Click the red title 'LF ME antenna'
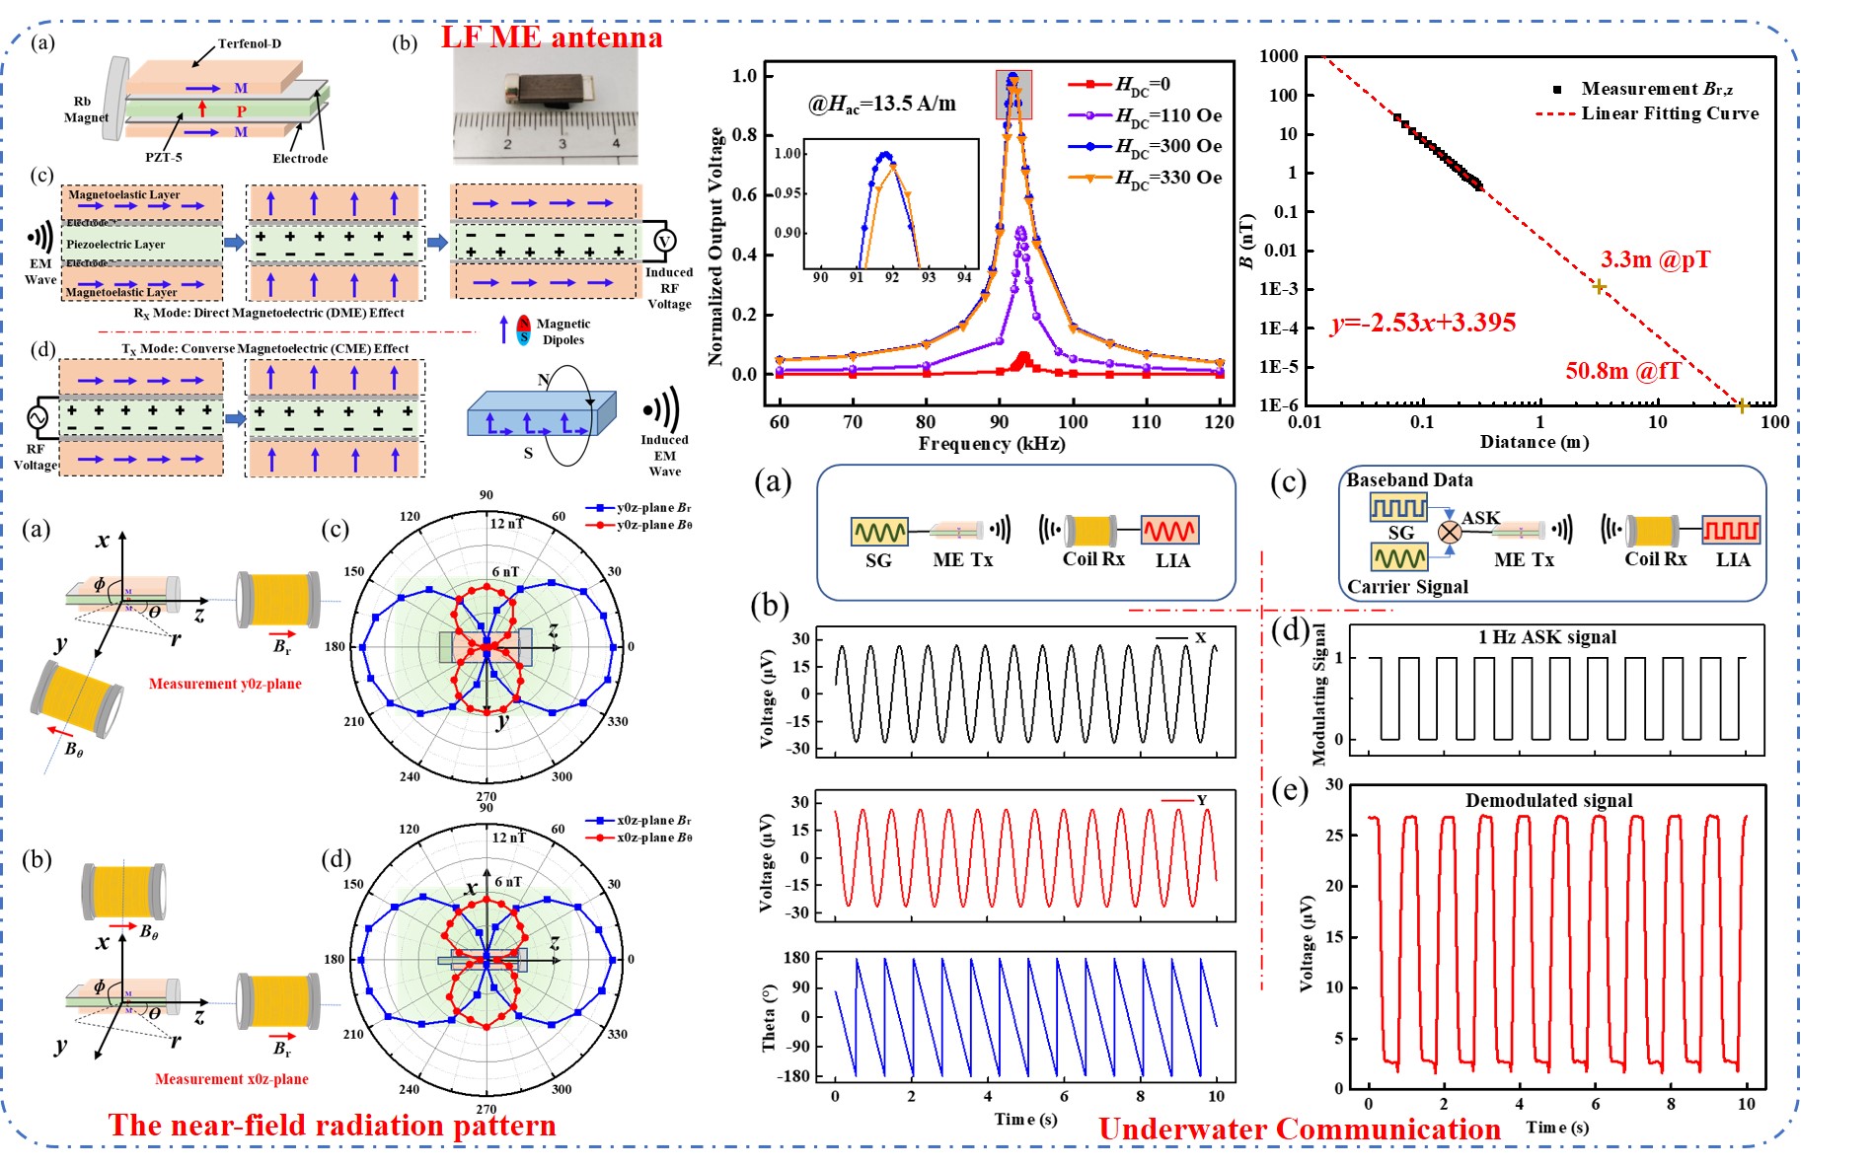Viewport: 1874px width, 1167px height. (551, 37)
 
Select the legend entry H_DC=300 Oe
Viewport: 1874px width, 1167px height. (1168, 146)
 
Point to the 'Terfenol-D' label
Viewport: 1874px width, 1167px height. (249, 43)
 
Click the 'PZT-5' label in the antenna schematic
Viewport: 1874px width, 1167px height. (164, 157)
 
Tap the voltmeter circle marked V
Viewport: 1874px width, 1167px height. (664, 242)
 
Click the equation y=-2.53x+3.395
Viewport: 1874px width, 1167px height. (1422, 323)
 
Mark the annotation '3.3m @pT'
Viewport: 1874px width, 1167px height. (1655, 259)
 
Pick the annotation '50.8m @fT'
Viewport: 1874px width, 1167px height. (1622, 371)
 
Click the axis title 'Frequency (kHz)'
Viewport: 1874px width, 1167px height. (991, 444)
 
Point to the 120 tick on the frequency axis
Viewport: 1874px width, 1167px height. (1220, 422)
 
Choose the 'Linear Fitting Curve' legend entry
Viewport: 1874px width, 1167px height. (1669, 113)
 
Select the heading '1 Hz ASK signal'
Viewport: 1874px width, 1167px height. (1546, 637)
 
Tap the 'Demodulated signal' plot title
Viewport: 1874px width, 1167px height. (1548, 800)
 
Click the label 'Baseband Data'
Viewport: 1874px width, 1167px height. (1409, 480)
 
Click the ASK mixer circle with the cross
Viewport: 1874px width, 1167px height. (1449, 533)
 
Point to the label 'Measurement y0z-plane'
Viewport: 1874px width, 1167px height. (225, 684)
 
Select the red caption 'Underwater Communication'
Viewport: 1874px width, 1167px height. (1299, 1130)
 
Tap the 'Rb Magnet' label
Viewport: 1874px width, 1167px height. (85, 109)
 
